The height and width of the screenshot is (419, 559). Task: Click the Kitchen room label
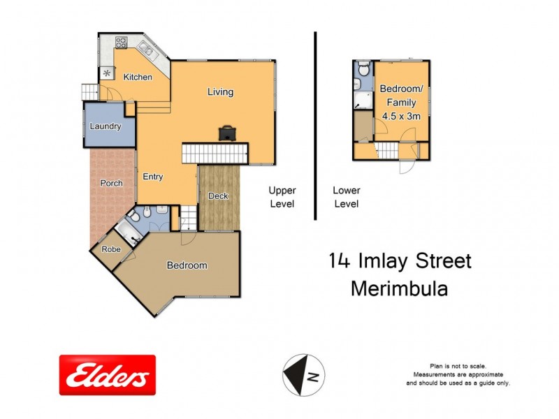(138, 77)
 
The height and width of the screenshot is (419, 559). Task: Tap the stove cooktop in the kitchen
(121, 41)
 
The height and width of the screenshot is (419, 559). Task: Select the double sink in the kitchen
(147, 48)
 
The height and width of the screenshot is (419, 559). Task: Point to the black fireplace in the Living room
(227, 133)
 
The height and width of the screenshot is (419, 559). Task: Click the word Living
(220, 92)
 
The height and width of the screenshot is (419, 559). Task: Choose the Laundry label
(106, 126)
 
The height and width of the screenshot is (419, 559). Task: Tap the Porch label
(111, 184)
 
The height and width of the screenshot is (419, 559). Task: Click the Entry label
(153, 177)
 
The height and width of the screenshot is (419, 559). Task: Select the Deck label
(219, 196)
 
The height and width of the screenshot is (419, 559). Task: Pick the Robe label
(110, 249)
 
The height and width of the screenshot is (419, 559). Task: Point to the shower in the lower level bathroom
(363, 98)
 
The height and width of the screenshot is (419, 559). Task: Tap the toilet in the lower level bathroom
(362, 69)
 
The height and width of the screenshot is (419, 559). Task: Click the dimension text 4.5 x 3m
(400, 117)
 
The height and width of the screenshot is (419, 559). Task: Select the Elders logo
(107, 375)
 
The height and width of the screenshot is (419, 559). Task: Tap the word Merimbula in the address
(398, 288)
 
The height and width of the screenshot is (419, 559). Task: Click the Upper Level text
(283, 197)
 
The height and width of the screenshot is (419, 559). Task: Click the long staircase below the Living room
(215, 152)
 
